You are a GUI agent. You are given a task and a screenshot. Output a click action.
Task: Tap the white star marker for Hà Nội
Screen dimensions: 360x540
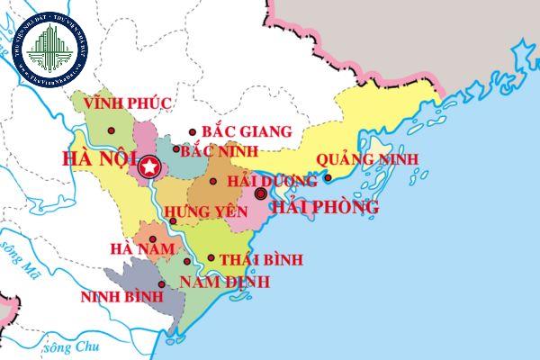pyautogui.click(x=149, y=166)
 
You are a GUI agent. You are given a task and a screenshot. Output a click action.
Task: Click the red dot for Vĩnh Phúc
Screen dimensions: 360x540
pyautogui.click(x=111, y=130)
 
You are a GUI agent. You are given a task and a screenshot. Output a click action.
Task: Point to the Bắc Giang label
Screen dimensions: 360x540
pyautogui.click(x=247, y=132)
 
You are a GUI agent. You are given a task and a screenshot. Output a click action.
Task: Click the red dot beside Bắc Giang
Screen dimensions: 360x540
pyautogui.click(x=192, y=131)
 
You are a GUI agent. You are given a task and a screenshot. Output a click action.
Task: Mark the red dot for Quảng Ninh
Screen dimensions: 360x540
pyautogui.click(x=328, y=177)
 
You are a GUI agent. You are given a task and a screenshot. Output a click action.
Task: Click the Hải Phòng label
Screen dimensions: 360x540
pyautogui.click(x=325, y=207)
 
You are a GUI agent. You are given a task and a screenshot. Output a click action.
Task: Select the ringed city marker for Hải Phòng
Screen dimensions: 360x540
pyautogui.click(x=260, y=193)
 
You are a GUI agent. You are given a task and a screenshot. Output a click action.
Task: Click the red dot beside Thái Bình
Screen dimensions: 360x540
pyautogui.click(x=211, y=258)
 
